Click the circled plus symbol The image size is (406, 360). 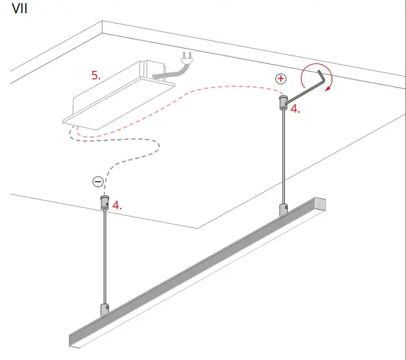281,79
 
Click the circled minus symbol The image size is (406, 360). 98,182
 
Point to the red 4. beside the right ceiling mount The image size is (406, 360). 295,109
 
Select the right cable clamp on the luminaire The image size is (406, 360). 283,210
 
